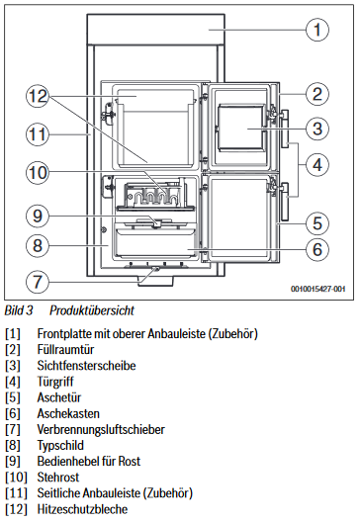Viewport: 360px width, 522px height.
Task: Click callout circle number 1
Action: click(315, 30)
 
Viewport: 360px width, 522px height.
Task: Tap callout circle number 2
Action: click(315, 95)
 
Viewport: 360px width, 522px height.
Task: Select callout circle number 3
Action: click(315, 129)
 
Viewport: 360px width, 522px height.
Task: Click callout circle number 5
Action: click(315, 221)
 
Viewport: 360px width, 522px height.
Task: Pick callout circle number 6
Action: click(315, 249)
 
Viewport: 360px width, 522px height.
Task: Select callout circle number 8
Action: click(37, 243)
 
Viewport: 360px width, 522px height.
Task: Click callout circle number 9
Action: click(37, 214)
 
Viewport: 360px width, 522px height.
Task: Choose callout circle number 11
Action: click(37, 131)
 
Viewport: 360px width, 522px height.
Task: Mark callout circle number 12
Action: click(37, 97)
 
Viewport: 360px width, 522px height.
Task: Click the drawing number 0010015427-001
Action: click(318, 289)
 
